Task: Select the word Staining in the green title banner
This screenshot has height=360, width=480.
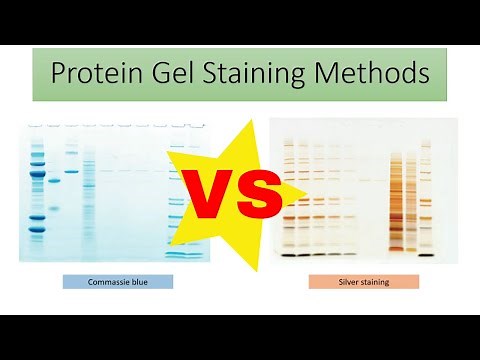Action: pos(265,73)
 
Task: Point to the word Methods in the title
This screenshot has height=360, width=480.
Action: pos(375,73)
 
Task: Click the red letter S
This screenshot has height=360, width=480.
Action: pos(255,196)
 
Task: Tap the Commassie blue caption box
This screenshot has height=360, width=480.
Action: pos(117,282)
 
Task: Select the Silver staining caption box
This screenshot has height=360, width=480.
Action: pos(363,282)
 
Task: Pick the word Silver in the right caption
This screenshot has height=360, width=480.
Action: pos(350,282)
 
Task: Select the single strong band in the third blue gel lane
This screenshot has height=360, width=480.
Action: pos(71,171)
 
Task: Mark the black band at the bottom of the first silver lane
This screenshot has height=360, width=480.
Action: pos(289,255)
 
